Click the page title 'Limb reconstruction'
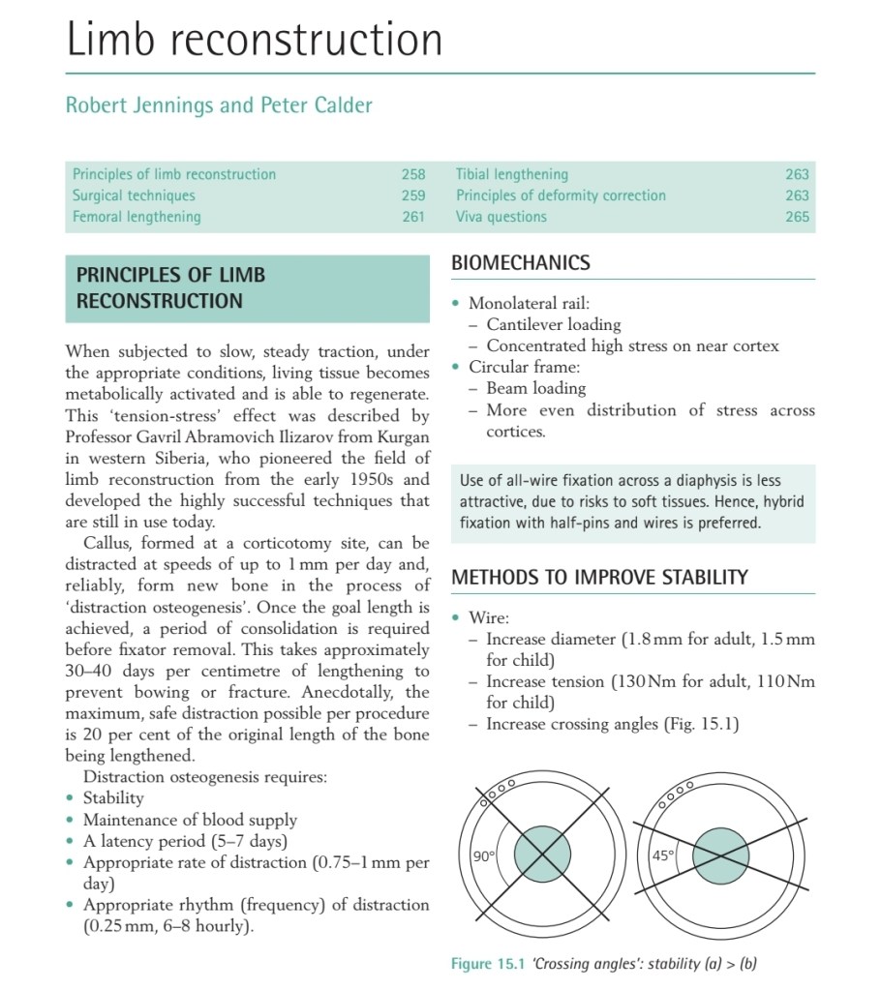[254, 41]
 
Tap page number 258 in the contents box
[413, 174]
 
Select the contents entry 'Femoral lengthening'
[137, 217]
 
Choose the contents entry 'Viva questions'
[501, 217]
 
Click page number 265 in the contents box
[797, 217]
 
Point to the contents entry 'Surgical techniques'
[134, 195]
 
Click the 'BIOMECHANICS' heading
[520, 263]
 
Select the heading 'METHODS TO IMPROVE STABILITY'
[599, 578]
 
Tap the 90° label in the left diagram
[483, 856]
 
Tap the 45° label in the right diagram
[663, 855]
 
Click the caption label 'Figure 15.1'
[487, 964]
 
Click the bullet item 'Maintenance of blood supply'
[190, 820]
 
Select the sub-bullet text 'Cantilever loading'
[554, 324]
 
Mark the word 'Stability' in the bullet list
[113, 798]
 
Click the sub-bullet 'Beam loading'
[536, 388]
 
